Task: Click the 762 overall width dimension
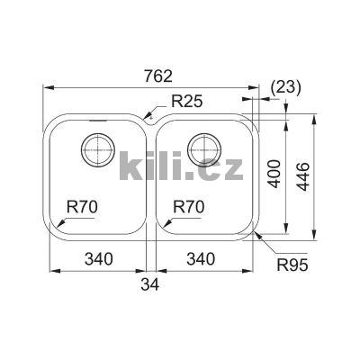[x=148, y=76]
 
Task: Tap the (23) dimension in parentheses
[x=285, y=86]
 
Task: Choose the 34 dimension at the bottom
[x=152, y=286]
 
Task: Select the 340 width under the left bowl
[x=97, y=260]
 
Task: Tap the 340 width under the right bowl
[x=201, y=260]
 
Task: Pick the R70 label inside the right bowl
[x=189, y=207]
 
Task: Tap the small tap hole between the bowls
[x=150, y=117]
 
